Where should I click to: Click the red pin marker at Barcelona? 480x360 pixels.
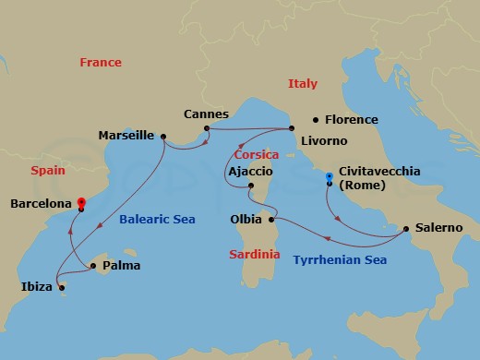81,203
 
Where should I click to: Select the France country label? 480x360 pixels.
101,63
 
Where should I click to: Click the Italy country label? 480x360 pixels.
302,83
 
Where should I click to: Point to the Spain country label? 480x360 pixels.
47,171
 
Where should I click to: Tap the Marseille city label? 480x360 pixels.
126,136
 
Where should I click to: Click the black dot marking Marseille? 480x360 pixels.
163,137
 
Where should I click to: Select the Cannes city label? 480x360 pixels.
206,114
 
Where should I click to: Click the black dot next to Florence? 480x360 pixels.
316,119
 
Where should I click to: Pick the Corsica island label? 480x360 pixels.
257,156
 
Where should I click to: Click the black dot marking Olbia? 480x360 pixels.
271,220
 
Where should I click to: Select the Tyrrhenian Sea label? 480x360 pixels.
340,260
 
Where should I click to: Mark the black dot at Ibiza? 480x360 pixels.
61,287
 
